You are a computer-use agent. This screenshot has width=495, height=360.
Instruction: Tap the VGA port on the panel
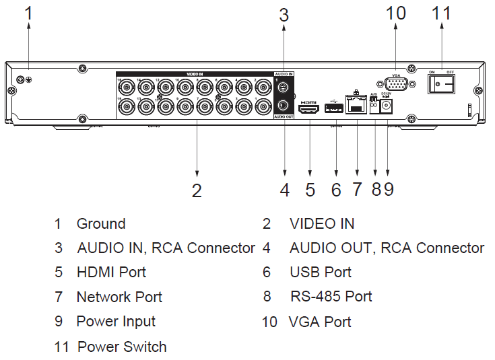395,84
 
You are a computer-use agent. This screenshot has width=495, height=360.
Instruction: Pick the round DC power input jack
387,106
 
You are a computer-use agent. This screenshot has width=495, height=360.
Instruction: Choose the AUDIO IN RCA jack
284,87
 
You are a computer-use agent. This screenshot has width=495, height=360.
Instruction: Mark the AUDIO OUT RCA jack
284,105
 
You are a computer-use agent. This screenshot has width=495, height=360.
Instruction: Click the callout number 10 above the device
396,13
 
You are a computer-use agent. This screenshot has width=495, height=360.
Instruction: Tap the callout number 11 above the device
441,13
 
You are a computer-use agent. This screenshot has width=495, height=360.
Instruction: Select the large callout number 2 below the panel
197,190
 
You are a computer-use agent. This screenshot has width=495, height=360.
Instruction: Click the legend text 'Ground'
101,224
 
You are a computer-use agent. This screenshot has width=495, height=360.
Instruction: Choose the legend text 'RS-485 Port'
331,297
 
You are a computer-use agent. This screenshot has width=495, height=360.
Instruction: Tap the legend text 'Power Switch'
122,347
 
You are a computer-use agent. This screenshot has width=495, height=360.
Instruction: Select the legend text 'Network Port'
119,297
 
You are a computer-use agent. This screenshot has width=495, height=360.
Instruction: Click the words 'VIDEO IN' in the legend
322,224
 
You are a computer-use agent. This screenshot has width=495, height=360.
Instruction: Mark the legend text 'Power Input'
116,322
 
